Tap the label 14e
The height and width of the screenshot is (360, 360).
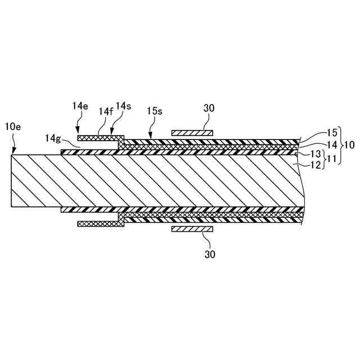tap(80, 106)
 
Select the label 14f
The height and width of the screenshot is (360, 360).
tap(105, 112)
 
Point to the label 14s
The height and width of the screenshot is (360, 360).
tap(123, 107)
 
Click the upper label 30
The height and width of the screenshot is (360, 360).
tap(208, 107)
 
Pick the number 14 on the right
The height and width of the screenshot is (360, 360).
tap(332, 144)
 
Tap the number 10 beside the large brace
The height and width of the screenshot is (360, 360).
tap(349, 145)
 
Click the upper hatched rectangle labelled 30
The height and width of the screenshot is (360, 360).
tap(192, 133)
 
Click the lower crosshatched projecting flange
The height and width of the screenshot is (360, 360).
tap(100, 223)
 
